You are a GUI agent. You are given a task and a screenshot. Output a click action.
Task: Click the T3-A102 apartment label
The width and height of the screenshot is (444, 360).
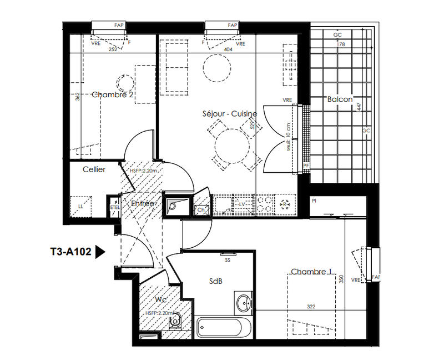(70, 253)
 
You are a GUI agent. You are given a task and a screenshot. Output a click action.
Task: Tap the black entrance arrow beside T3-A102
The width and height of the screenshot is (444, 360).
(100, 252)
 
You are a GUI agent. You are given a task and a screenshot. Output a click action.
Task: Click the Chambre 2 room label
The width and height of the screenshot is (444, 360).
(113, 95)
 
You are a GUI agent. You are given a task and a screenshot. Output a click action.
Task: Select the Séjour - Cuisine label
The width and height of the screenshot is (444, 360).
(229, 114)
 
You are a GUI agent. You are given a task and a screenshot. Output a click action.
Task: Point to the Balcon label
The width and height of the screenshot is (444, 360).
(340, 99)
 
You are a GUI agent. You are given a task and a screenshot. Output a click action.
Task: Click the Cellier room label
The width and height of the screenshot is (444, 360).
(94, 169)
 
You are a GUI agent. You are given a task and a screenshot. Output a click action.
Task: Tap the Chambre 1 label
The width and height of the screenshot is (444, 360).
(310, 272)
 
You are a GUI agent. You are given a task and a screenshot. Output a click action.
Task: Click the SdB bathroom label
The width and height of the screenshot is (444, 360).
(216, 281)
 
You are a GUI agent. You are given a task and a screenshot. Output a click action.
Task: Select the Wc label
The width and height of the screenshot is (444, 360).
(161, 300)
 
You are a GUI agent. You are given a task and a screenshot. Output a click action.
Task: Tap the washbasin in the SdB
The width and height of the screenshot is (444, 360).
(243, 303)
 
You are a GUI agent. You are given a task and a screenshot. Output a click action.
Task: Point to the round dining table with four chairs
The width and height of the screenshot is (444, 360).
(233, 146)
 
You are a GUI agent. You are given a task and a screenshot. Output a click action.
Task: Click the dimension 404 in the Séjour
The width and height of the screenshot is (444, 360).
(228, 49)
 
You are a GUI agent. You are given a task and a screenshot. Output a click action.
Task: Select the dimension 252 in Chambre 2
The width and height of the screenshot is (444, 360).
(113, 49)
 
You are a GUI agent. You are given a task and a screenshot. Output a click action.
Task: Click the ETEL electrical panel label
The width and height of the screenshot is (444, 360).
(115, 207)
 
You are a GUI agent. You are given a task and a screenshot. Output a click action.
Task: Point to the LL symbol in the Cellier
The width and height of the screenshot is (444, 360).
(81, 206)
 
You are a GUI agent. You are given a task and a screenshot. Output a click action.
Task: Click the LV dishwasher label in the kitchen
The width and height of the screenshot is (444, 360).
(242, 204)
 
